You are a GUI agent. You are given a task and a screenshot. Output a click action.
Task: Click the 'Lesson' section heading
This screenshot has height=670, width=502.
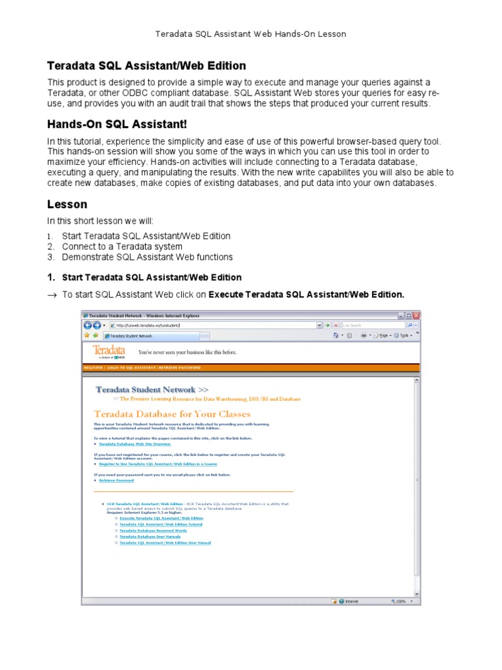67,204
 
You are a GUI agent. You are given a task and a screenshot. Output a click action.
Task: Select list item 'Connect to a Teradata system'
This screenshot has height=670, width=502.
122,247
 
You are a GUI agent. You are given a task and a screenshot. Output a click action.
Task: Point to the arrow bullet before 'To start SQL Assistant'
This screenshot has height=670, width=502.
52,295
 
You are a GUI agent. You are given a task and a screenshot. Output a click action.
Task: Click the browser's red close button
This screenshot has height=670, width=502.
416,315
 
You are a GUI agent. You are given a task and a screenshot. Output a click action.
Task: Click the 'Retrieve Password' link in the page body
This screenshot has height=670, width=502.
116,480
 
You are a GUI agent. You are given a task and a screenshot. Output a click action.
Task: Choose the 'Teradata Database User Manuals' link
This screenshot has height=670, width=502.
150,537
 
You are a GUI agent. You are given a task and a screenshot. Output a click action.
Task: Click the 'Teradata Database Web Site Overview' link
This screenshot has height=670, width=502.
135,444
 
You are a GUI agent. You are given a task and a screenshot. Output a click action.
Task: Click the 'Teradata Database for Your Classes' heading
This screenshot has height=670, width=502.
172,414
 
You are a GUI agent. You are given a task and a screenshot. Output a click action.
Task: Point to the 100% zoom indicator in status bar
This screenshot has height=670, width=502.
399,601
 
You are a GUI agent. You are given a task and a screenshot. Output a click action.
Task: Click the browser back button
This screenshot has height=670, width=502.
88,325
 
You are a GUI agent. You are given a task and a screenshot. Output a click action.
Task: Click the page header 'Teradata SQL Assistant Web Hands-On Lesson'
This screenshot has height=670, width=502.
251,33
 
